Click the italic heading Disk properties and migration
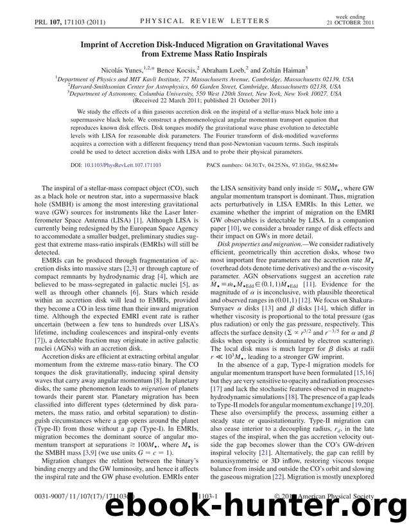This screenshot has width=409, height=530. click(x=261, y=262)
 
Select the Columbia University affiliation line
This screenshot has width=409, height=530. click(x=204, y=93)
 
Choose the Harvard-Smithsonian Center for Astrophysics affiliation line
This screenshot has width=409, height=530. click(x=204, y=85)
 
